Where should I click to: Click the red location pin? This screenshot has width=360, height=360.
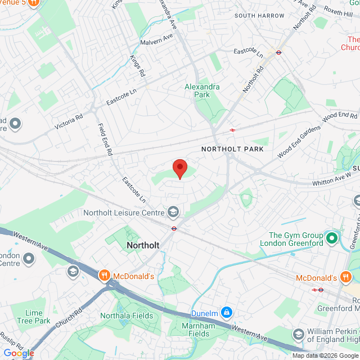tap(179, 168)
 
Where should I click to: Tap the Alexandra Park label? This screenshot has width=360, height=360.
tap(202, 91)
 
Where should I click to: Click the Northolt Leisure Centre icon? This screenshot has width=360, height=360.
tap(173, 212)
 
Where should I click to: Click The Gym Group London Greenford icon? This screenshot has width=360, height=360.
tap(331, 238)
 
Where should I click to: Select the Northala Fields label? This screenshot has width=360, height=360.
tap(127, 316)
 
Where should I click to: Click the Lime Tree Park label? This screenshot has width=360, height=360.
tap(38, 317)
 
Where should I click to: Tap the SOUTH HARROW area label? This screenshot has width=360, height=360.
tap(259, 16)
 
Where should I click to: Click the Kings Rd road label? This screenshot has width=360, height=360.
tap(138, 66)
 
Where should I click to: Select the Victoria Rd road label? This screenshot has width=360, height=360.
tap(69, 120)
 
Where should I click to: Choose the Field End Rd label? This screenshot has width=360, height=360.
tap(105, 139)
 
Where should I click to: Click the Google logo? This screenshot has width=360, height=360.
tap(19, 353)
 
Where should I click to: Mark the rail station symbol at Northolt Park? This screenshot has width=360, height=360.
tap(232, 130)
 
